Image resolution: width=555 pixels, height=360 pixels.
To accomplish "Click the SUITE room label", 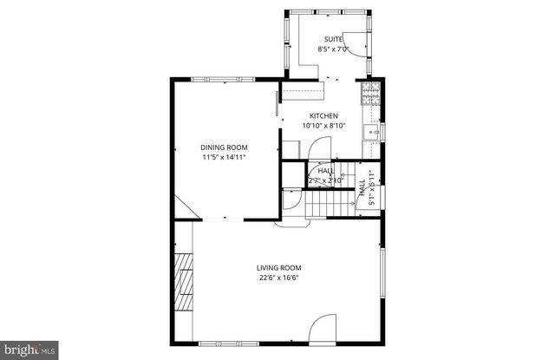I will (333, 39).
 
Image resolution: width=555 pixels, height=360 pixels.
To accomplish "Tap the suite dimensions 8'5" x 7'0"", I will (333, 49).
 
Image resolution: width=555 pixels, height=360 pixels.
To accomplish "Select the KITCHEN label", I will (323, 115).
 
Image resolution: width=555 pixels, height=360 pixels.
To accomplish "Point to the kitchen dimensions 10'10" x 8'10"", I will (323, 126).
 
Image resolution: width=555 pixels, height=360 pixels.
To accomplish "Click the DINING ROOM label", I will (225, 147).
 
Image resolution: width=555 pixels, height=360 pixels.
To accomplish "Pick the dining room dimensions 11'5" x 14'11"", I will (225, 157).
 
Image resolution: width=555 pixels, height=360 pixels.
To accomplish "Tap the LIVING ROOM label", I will (278, 267).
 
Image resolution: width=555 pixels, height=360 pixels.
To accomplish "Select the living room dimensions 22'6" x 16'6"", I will (278, 278).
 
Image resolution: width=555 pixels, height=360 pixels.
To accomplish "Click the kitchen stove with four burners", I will (371, 92).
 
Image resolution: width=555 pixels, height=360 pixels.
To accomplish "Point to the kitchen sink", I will (372, 132).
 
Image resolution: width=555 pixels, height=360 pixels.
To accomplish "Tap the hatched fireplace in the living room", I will (183, 283).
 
